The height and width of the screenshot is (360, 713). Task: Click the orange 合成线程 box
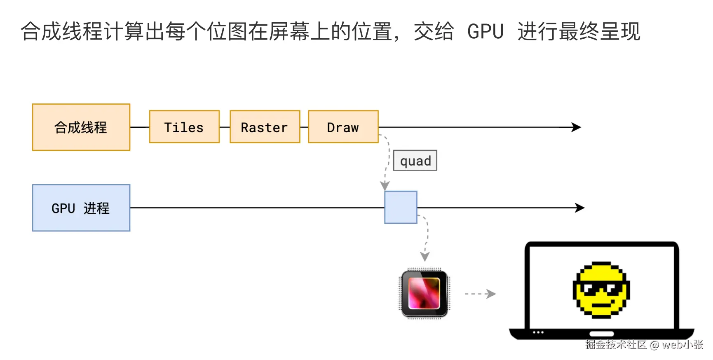(81, 127)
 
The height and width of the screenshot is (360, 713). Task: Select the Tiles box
(184, 127)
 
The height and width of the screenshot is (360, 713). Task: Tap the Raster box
(265, 127)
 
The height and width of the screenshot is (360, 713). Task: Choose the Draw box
(343, 127)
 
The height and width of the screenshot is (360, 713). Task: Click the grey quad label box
(415, 161)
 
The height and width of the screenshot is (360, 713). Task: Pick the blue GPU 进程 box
(81, 208)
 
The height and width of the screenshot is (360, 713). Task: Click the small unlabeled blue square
(401, 207)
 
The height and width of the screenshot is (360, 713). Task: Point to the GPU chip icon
(424, 293)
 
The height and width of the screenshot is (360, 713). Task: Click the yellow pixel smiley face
(601, 290)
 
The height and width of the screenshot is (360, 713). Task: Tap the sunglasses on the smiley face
(601, 288)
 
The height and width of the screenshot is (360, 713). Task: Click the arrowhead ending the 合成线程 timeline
(577, 127)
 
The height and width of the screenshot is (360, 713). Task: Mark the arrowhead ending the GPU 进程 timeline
(580, 208)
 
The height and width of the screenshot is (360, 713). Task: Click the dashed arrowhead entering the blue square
(385, 186)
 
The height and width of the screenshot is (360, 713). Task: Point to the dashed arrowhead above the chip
(425, 257)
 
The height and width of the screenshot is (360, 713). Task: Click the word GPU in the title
(485, 32)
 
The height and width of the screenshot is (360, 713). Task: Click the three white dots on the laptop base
(538, 332)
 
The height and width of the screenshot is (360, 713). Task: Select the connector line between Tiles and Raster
(225, 127)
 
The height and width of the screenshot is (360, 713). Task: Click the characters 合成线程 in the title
(62, 32)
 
